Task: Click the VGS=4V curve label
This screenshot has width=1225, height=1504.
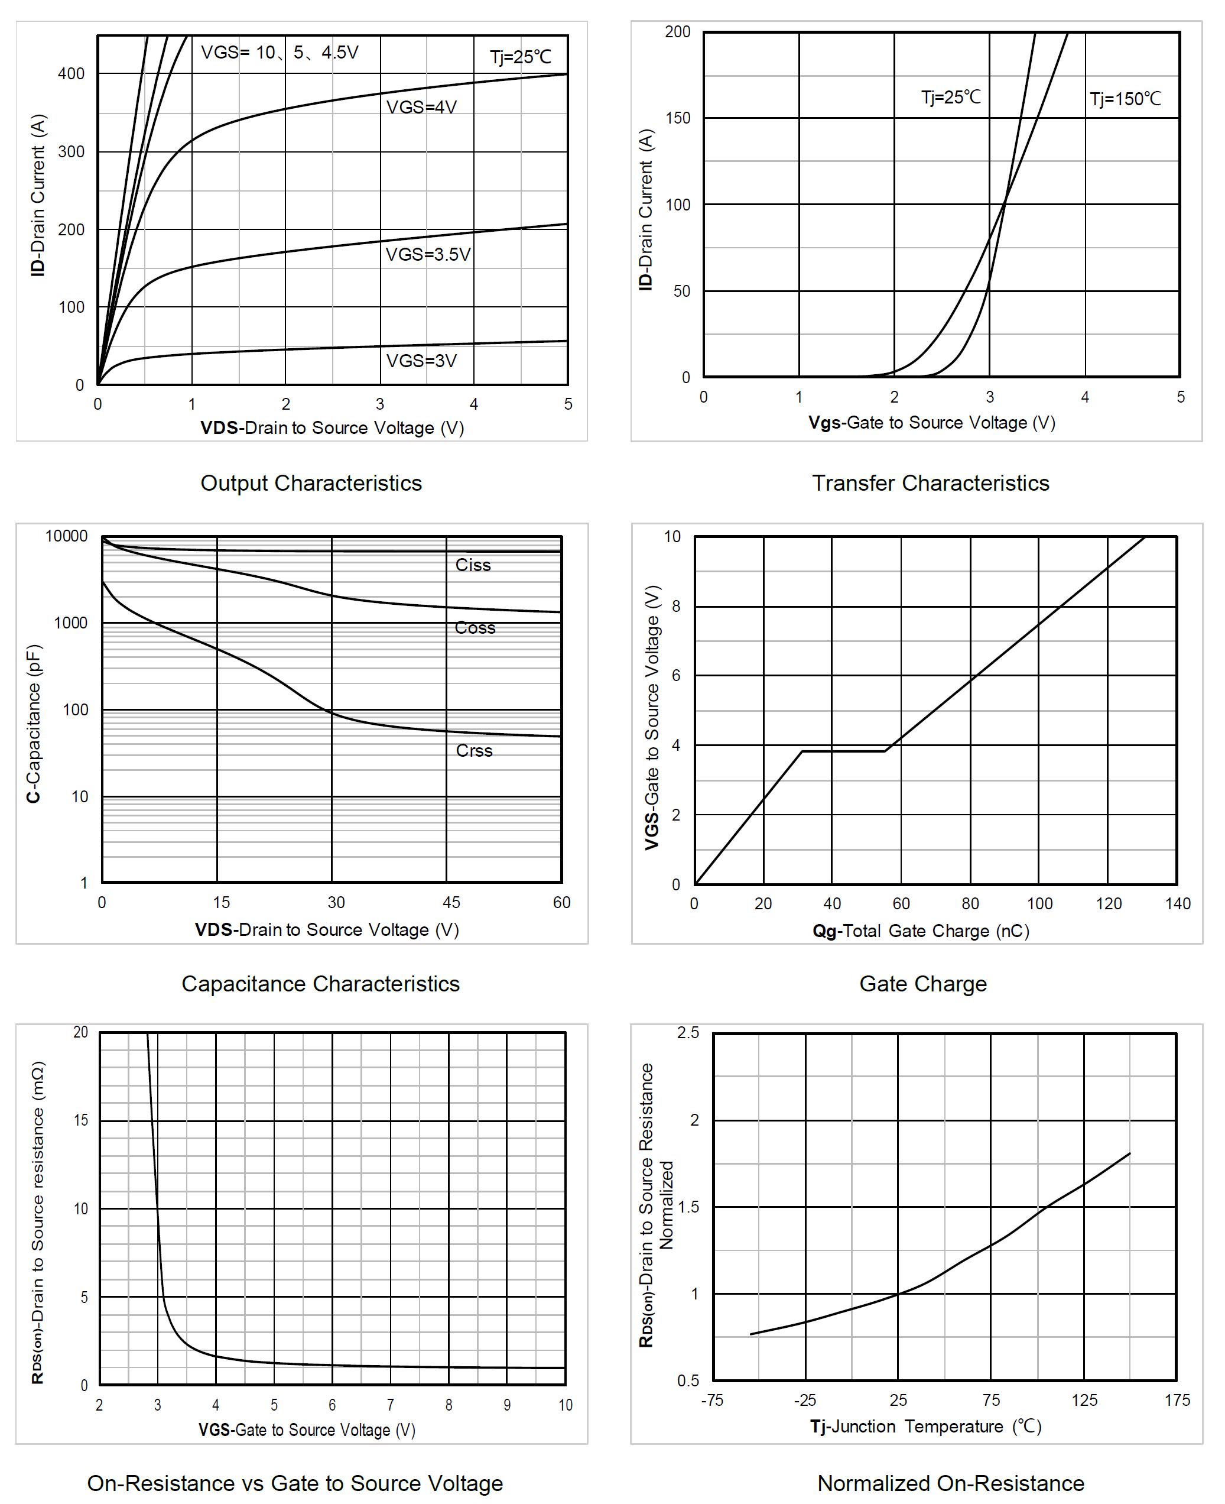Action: (x=421, y=107)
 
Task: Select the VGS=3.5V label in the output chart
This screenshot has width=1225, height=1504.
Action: (x=428, y=254)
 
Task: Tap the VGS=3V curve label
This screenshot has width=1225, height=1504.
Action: (x=421, y=361)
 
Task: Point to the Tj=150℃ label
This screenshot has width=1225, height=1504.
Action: (x=1125, y=99)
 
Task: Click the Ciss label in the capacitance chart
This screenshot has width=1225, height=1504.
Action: (x=473, y=565)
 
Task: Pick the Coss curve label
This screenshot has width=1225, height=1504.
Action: (x=475, y=628)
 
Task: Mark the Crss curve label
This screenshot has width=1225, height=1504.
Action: (x=474, y=751)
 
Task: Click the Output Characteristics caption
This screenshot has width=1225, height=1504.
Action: (x=311, y=484)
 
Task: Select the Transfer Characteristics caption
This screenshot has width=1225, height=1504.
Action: (x=930, y=484)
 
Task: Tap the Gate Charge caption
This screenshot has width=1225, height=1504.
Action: (x=923, y=984)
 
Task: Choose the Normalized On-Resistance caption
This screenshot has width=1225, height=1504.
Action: (x=950, y=1483)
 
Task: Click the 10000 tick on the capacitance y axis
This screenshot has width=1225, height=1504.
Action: (x=66, y=536)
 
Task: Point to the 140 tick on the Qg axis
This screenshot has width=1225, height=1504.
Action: (x=1178, y=903)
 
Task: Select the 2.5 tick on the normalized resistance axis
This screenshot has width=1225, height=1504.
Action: (x=688, y=1033)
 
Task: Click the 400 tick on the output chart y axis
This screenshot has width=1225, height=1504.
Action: (x=72, y=74)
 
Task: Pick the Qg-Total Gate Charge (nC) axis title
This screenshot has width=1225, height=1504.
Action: (x=921, y=931)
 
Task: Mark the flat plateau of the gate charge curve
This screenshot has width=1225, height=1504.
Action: (x=843, y=751)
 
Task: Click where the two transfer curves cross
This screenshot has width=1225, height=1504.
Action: (x=1004, y=204)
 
